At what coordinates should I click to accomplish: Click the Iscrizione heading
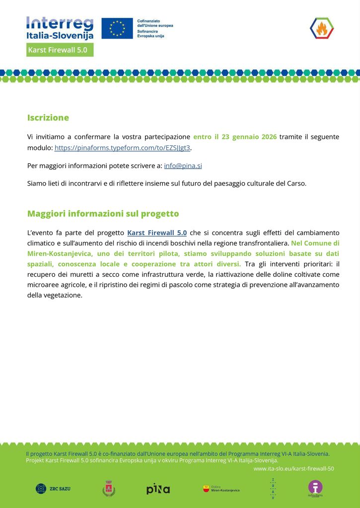click(48, 118)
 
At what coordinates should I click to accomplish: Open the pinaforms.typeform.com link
click(122, 148)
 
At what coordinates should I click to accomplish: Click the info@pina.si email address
click(183, 166)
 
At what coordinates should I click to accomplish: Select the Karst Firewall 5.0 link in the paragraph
click(157, 233)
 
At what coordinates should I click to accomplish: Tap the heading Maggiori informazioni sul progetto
click(103, 214)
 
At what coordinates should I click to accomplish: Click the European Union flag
click(117, 28)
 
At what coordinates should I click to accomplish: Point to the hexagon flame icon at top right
click(322, 28)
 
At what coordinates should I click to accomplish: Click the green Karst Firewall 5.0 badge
click(60, 50)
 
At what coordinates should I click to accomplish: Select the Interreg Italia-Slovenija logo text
click(60, 28)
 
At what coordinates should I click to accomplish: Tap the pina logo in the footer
click(158, 489)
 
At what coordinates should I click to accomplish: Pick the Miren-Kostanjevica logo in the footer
click(221, 489)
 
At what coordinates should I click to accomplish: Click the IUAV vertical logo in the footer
click(272, 488)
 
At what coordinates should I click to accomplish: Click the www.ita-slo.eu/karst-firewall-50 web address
click(293, 468)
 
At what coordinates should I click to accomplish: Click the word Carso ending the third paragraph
click(296, 184)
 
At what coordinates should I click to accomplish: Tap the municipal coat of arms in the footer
click(109, 489)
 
